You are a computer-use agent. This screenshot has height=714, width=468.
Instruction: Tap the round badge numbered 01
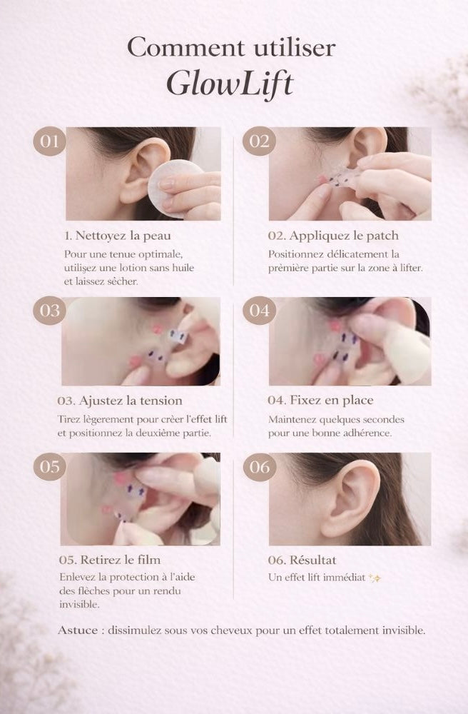(x=49, y=141)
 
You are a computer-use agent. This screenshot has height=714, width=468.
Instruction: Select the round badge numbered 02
(x=259, y=141)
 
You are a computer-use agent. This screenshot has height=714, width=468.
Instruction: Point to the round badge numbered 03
(x=49, y=311)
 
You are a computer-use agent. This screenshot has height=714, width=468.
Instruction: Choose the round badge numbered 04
(x=259, y=311)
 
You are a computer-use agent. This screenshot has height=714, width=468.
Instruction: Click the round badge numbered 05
(x=49, y=466)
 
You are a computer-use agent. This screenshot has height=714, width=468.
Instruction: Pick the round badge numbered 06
(x=259, y=466)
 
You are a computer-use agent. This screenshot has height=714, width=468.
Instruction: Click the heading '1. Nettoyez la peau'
(x=118, y=236)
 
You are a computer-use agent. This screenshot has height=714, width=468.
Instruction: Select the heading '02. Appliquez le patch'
(x=333, y=236)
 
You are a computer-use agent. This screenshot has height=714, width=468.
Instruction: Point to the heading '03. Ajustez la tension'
(x=120, y=401)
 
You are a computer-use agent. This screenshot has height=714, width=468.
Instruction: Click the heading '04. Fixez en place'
(x=320, y=401)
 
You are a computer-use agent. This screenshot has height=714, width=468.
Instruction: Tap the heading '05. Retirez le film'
(x=110, y=560)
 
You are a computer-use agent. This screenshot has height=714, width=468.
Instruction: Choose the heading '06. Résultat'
(x=302, y=560)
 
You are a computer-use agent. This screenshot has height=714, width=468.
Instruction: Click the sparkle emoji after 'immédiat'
(x=375, y=578)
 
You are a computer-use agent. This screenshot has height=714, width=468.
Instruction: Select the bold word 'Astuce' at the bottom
(x=78, y=630)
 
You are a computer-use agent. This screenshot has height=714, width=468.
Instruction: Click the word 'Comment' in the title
(x=186, y=47)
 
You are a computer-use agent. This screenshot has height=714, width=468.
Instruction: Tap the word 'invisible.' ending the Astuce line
(x=404, y=630)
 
